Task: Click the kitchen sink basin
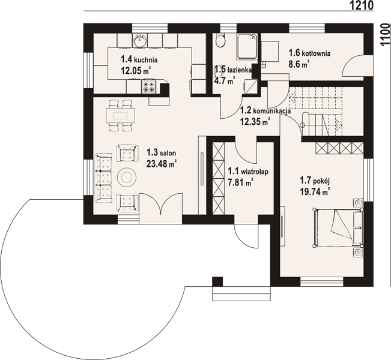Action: click(x=141, y=41)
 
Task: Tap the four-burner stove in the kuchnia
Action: click(x=149, y=86)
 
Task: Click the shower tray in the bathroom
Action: click(x=247, y=46)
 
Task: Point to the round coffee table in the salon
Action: click(x=127, y=177)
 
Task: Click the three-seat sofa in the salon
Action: click(x=103, y=178)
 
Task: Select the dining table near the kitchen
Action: click(x=121, y=116)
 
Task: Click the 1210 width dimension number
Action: click(x=362, y=5)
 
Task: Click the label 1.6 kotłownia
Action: click(x=309, y=53)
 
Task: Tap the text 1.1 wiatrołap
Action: click(x=248, y=172)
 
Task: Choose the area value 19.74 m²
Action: click(x=315, y=192)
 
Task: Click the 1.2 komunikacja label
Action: click(x=265, y=110)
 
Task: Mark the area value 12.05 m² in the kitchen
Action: click(x=136, y=71)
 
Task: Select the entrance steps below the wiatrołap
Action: click(x=241, y=293)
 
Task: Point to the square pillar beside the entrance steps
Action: click(x=217, y=281)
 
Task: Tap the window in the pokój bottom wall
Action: click(x=322, y=282)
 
